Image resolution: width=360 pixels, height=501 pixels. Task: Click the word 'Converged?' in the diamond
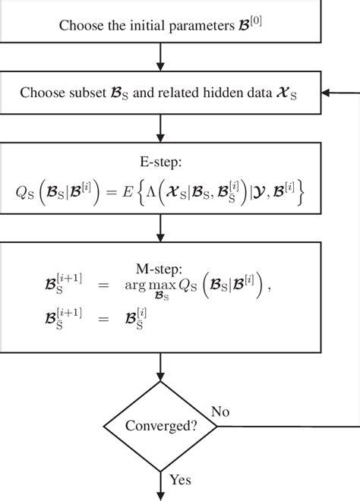click(161, 426)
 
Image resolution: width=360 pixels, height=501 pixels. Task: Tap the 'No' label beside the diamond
click(221, 412)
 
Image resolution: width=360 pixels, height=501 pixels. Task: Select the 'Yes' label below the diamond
click(180, 480)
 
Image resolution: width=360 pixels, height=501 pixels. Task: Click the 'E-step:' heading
click(160, 162)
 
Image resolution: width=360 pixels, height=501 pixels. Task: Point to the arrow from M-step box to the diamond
click(160, 372)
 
